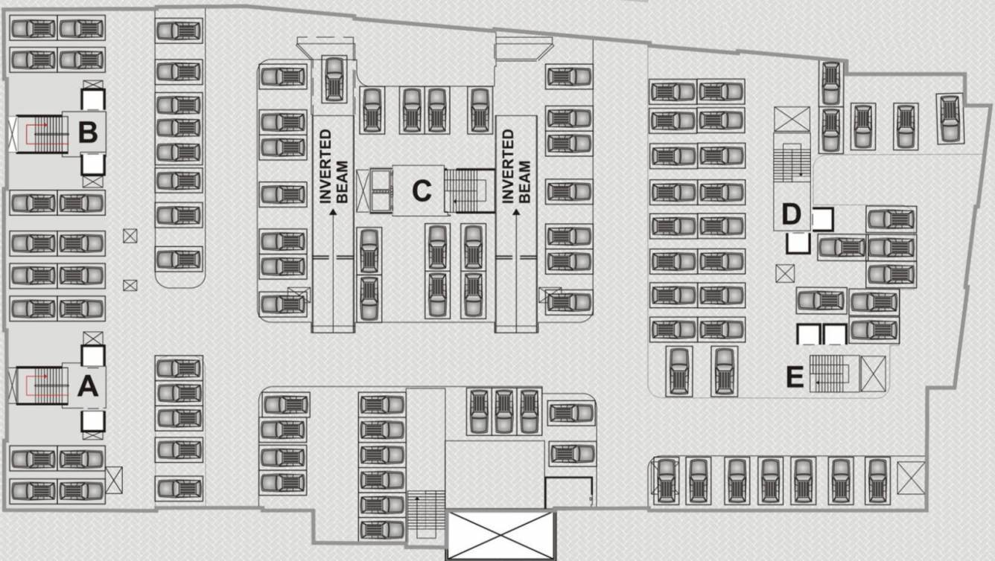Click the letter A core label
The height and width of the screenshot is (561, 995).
pyautogui.click(x=88, y=386)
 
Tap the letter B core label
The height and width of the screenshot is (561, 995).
pyautogui.click(x=88, y=132)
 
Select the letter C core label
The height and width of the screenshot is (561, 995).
pyautogui.click(x=422, y=191)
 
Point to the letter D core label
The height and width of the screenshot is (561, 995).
pyautogui.click(x=791, y=215)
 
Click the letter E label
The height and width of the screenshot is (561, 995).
pyautogui.click(x=795, y=378)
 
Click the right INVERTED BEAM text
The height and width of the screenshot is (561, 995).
pyautogui.click(x=515, y=167)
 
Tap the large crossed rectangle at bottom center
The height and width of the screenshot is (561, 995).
pyautogui.click(x=500, y=534)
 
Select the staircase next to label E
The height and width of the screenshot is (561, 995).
pyautogui.click(x=830, y=373)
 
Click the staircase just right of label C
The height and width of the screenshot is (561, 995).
pyautogui.click(x=468, y=190)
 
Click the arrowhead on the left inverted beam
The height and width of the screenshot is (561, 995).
pyautogui.click(x=332, y=213)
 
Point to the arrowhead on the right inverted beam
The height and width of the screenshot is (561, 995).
pyautogui.click(x=516, y=213)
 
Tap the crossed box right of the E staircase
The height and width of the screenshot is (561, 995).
pyautogui.click(x=873, y=373)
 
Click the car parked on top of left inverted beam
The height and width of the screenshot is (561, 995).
pyautogui.click(x=333, y=78)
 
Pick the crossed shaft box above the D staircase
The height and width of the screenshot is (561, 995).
pyautogui.click(x=791, y=120)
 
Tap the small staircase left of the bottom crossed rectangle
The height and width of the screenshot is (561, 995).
pyautogui.click(x=425, y=515)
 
